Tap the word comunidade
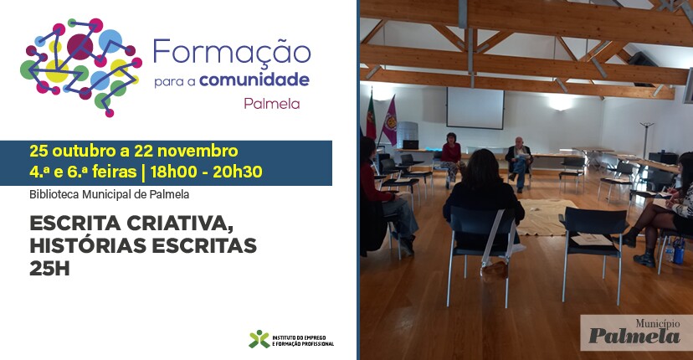[261, 80]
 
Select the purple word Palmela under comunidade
[271, 105]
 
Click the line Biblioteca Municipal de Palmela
[110, 195]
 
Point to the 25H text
[54, 268]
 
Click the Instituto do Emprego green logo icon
[259, 339]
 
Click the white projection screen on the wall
[475, 108]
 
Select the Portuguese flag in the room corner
[371, 117]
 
